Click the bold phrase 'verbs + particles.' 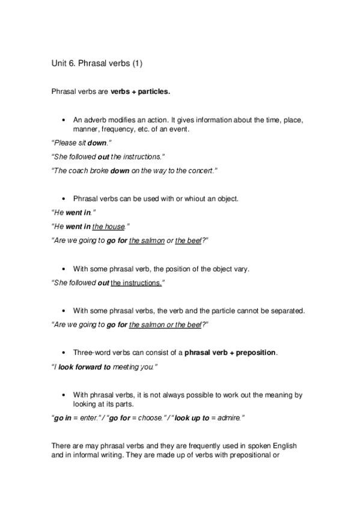pyautogui.click(x=140, y=92)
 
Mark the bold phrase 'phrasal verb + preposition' pyautogui.click(x=230, y=352)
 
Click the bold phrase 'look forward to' pyautogui.click(x=84, y=367)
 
